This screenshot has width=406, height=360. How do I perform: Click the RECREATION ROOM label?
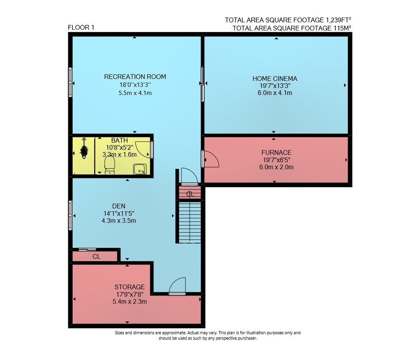(135, 77)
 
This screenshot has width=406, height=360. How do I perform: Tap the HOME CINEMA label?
(275, 78)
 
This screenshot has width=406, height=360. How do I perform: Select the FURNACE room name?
(276, 152)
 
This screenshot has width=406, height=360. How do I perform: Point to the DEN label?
(119, 206)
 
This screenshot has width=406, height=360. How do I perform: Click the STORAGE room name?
(130, 287)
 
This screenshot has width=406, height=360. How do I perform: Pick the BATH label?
(119, 141)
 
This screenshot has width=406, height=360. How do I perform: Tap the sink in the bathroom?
(140, 169)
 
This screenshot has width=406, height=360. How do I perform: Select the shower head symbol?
(84, 149)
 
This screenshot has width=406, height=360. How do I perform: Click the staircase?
(190, 222)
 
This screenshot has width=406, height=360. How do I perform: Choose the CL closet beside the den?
(96, 256)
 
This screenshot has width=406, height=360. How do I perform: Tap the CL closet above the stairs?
(190, 194)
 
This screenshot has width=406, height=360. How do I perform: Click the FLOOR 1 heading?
(81, 28)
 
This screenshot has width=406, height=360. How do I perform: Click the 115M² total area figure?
(342, 28)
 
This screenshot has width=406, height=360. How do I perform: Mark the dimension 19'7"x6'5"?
(276, 160)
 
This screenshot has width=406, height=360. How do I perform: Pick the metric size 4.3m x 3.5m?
(119, 221)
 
